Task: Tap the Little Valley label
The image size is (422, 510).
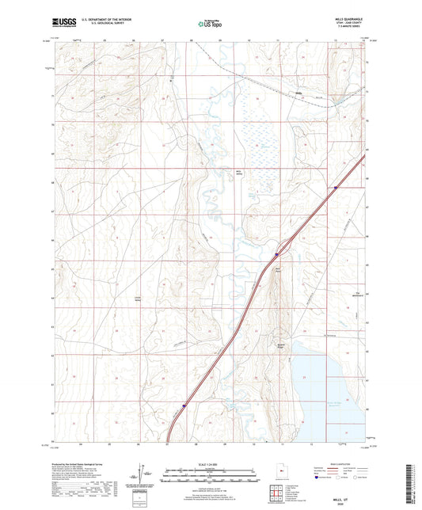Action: coord(137,299)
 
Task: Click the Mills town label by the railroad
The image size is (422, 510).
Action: coord(298,93)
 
